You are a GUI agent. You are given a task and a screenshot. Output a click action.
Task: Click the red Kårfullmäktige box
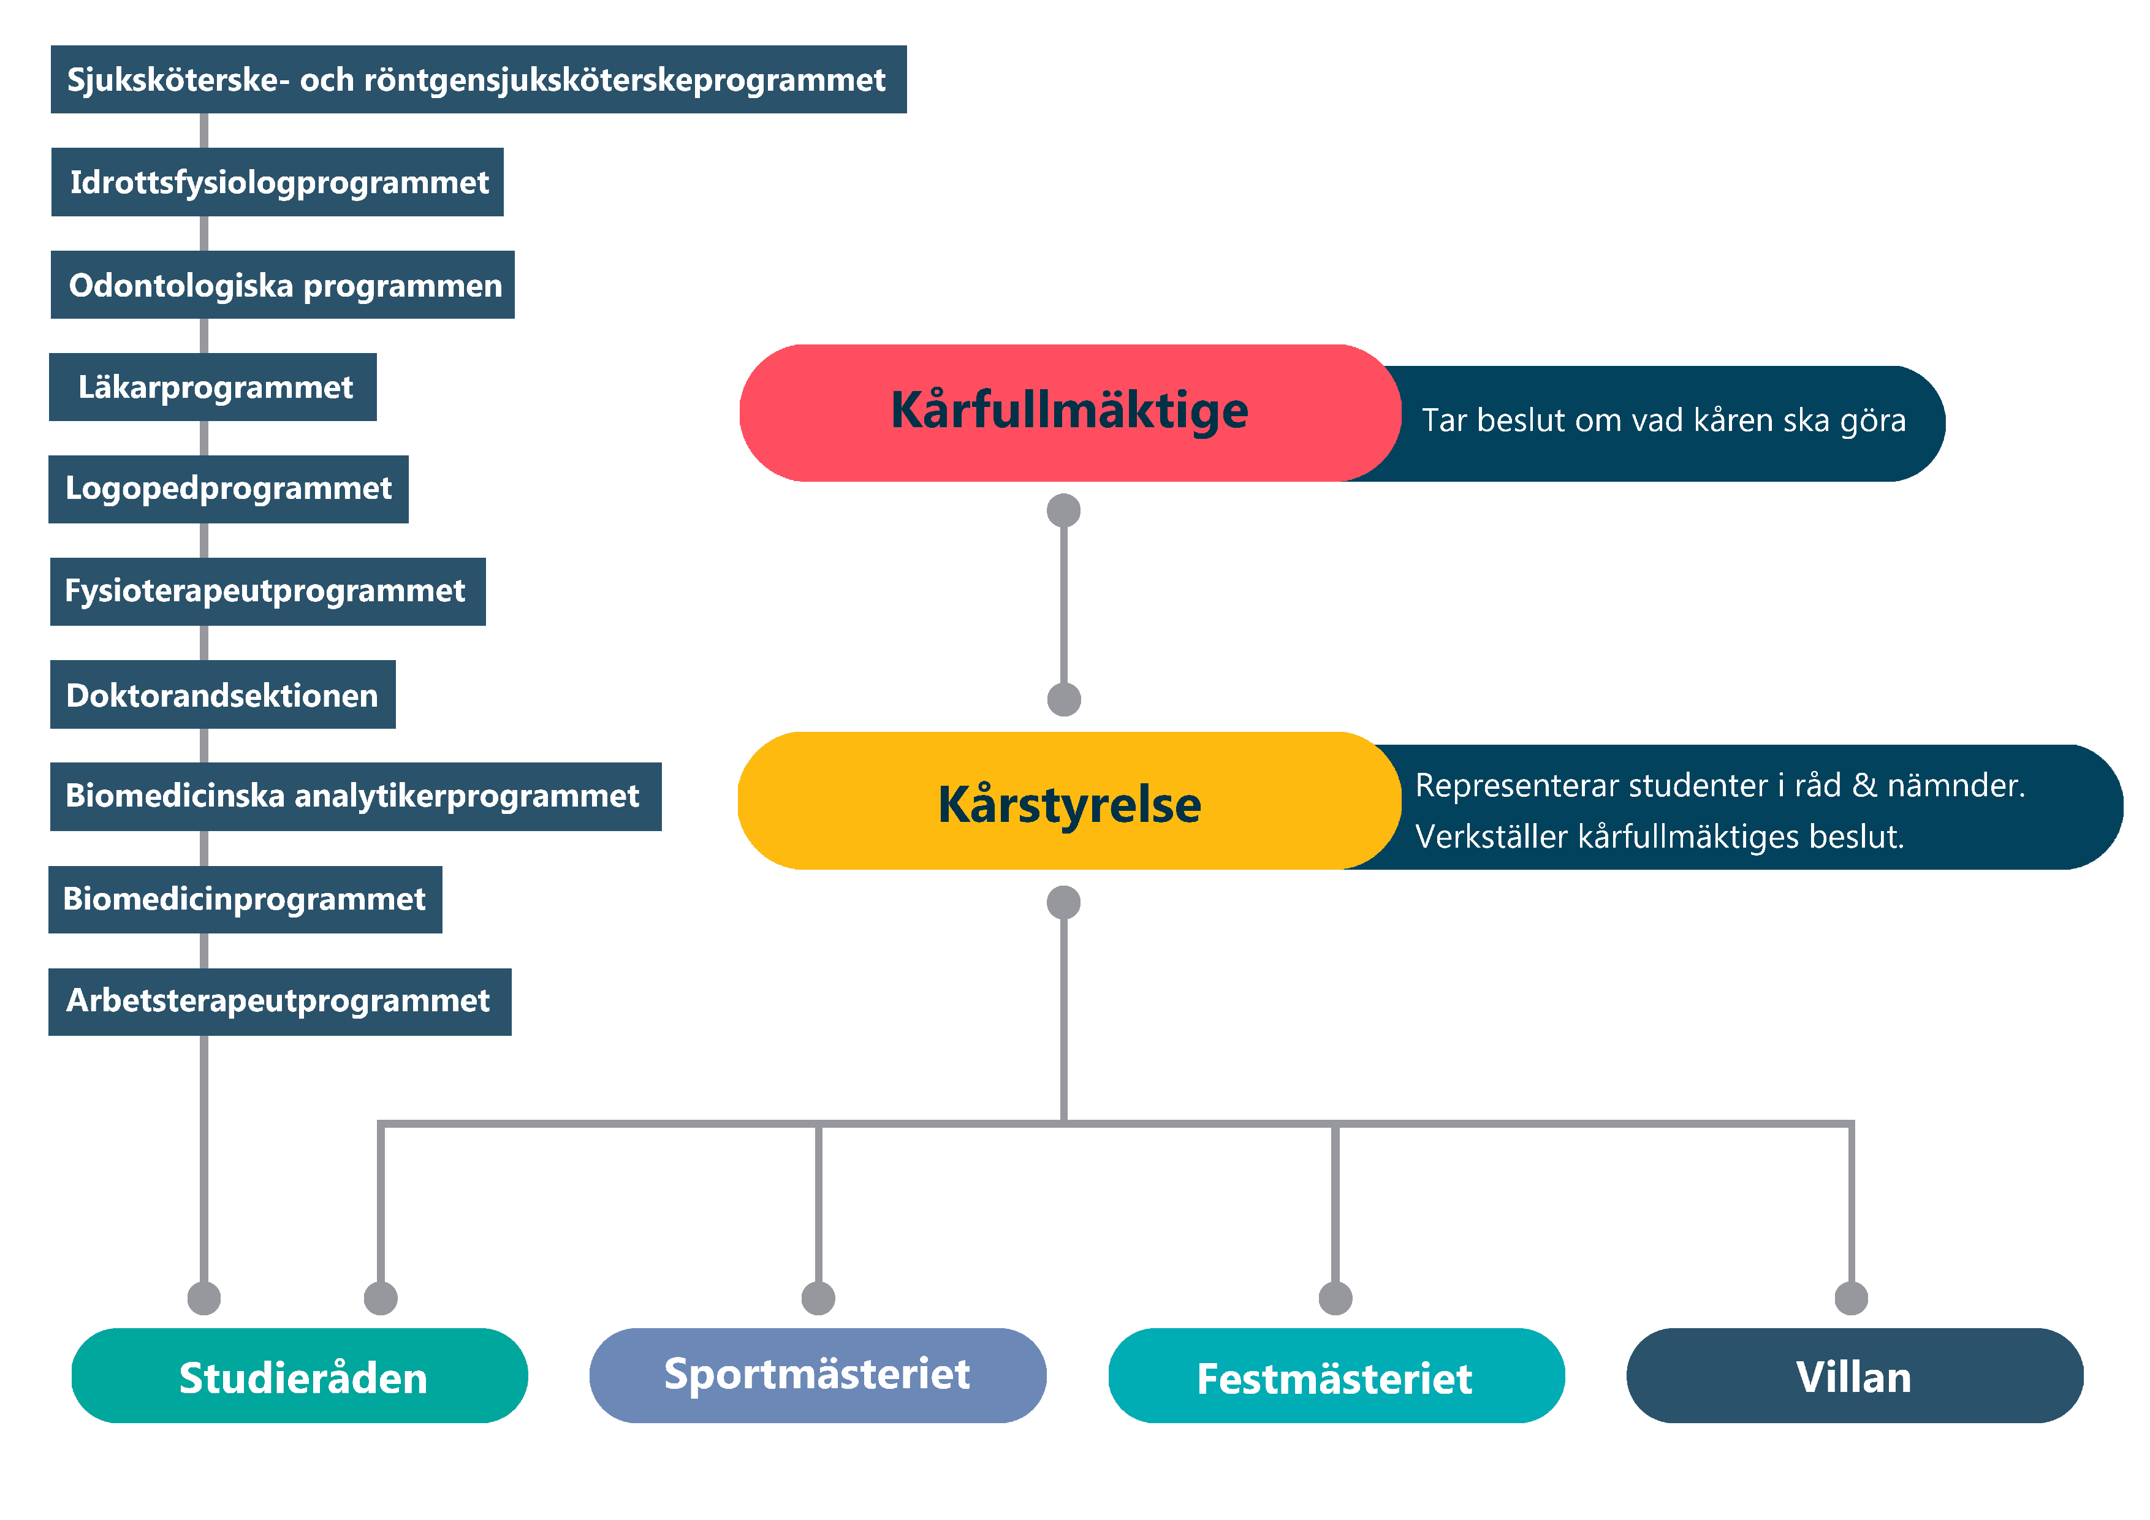(1069, 412)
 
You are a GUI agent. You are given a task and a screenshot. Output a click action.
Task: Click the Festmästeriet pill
(1335, 1376)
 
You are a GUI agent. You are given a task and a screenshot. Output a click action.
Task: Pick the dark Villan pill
(1854, 1376)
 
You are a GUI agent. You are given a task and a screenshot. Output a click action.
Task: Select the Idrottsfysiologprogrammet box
(278, 181)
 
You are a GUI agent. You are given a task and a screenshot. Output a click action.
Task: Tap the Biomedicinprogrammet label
(245, 899)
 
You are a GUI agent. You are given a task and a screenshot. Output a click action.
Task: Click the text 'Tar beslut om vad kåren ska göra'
(1663, 420)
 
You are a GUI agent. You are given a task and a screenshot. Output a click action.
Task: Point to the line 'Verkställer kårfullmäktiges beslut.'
(1659, 837)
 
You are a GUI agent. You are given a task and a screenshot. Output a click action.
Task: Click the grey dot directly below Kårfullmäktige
(1064, 511)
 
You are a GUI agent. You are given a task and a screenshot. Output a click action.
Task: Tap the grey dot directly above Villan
(1852, 1298)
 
